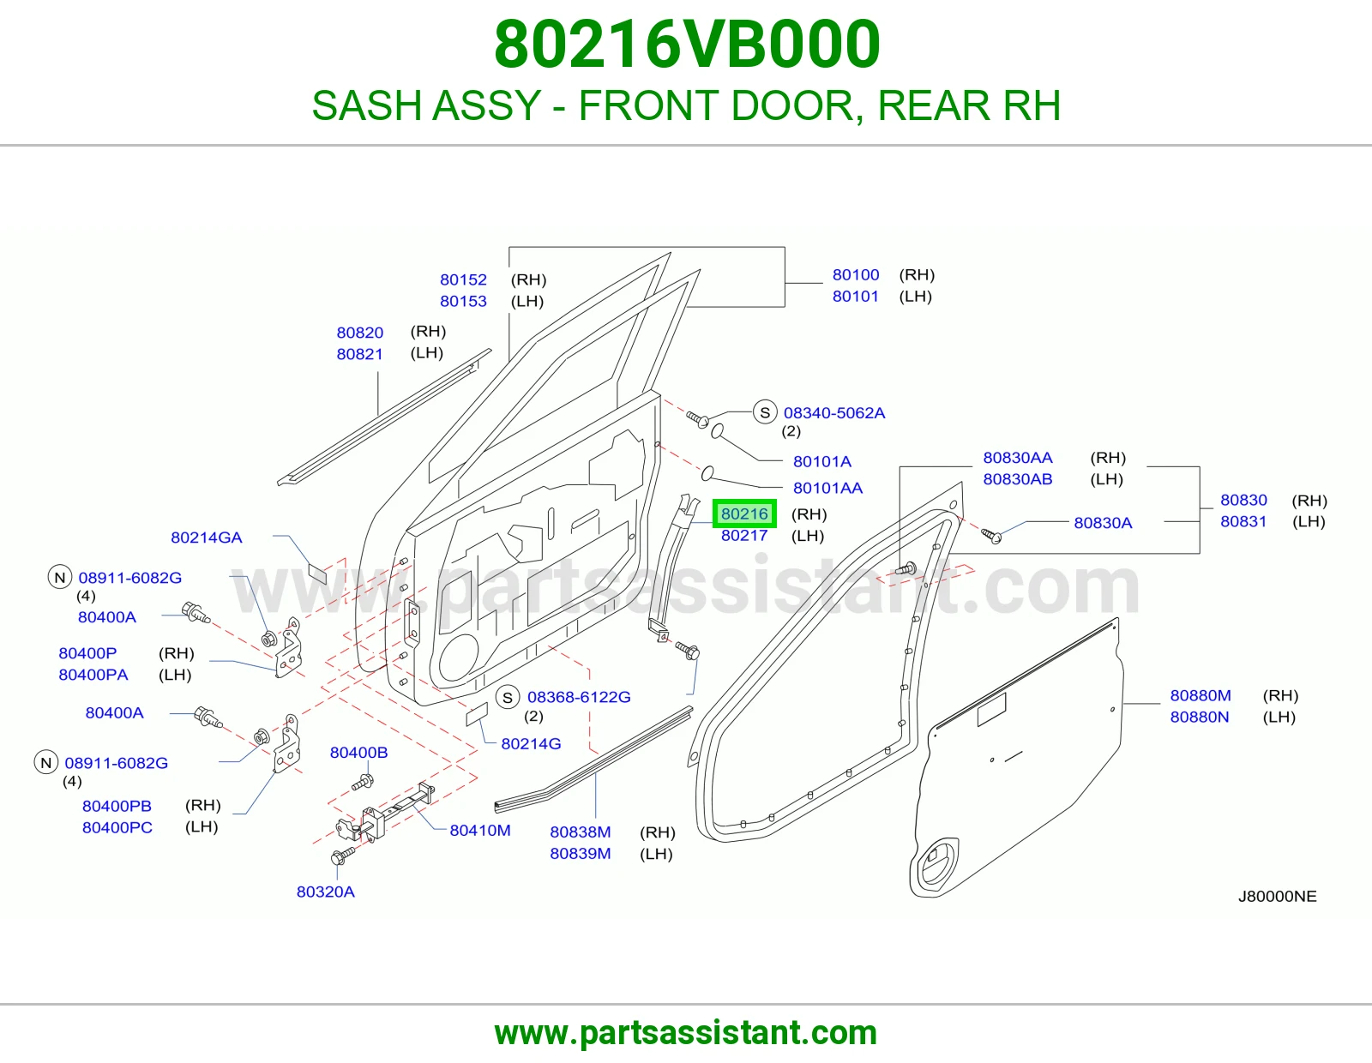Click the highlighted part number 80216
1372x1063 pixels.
pos(744,513)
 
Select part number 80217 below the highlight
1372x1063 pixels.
pos(744,535)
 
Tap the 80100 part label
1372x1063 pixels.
pos(856,274)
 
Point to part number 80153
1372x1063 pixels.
pos(463,301)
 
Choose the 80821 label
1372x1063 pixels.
pos(360,354)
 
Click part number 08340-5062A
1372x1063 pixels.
pos(834,413)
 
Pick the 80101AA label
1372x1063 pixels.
pos(827,488)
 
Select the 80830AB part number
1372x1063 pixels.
pos(1018,479)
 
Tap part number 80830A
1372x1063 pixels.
pos(1103,523)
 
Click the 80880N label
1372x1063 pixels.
pos(1200,717)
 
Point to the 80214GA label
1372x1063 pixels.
pos(207,538)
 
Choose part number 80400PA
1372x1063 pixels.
pos(93,675)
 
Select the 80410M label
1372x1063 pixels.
pos(480,830)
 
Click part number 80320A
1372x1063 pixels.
pos(326,892)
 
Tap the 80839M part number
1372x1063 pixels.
pos(581,854)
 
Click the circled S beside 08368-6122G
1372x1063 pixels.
pos(508,698)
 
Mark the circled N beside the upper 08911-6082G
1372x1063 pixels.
pos(60,578)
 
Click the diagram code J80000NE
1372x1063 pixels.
pos(1278,897)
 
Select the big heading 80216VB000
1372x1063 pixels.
pos(687,45)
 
